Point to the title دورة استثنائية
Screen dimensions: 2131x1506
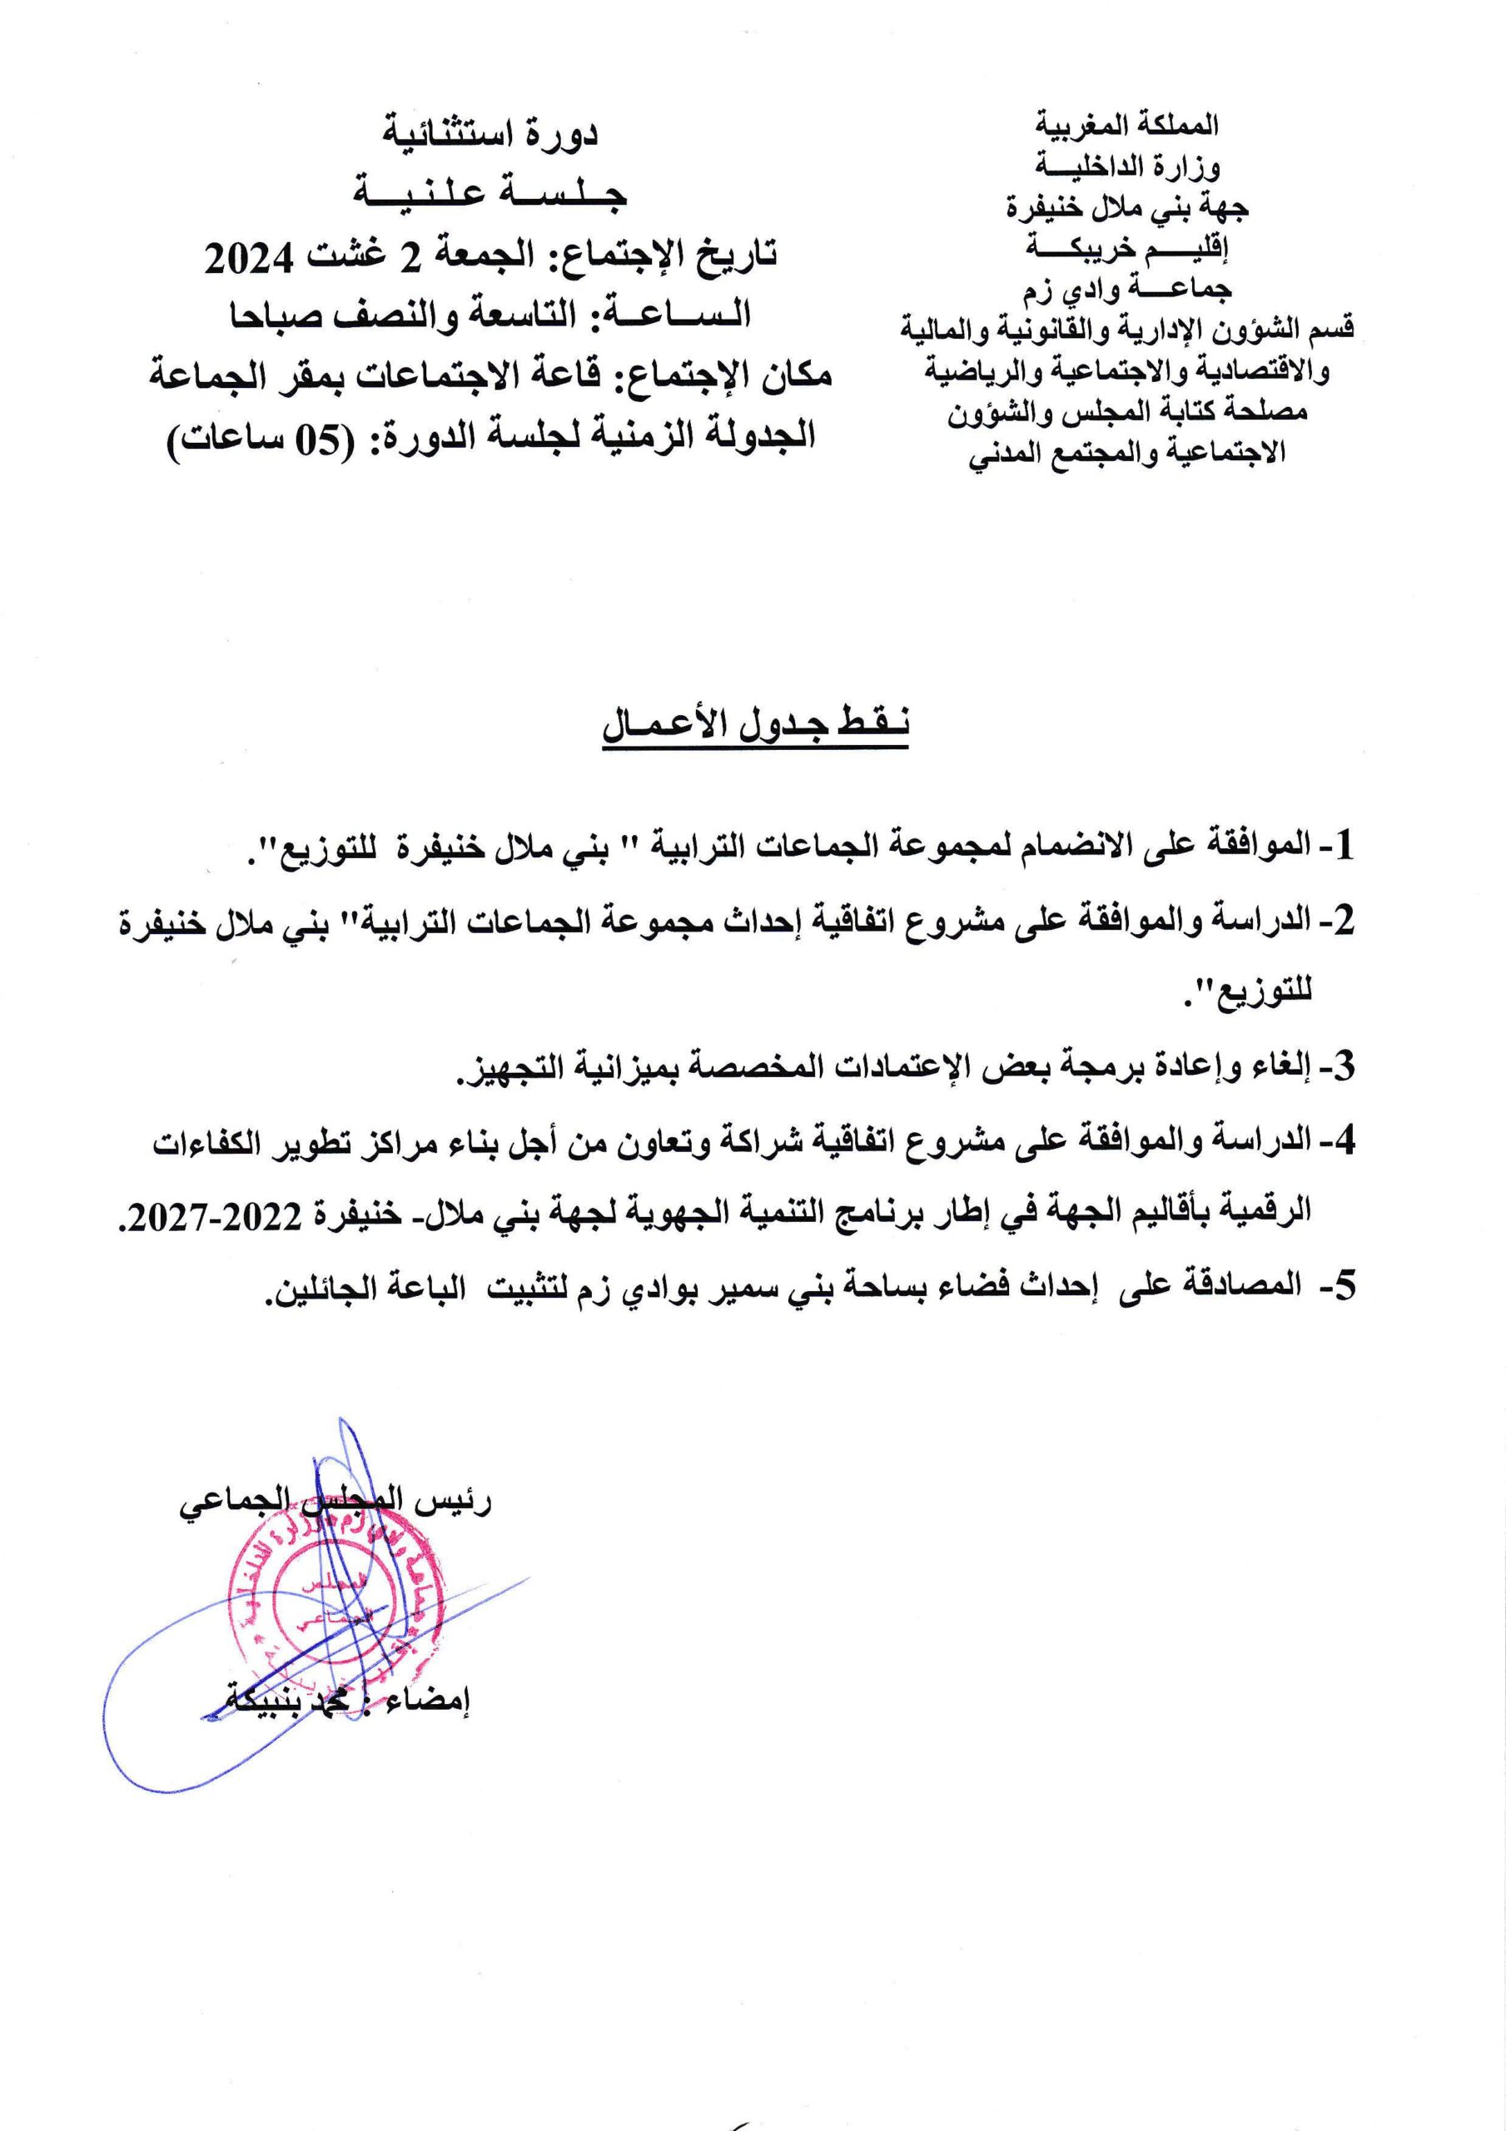pos(490,135)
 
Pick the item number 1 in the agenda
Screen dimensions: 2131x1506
pos(1343,846)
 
